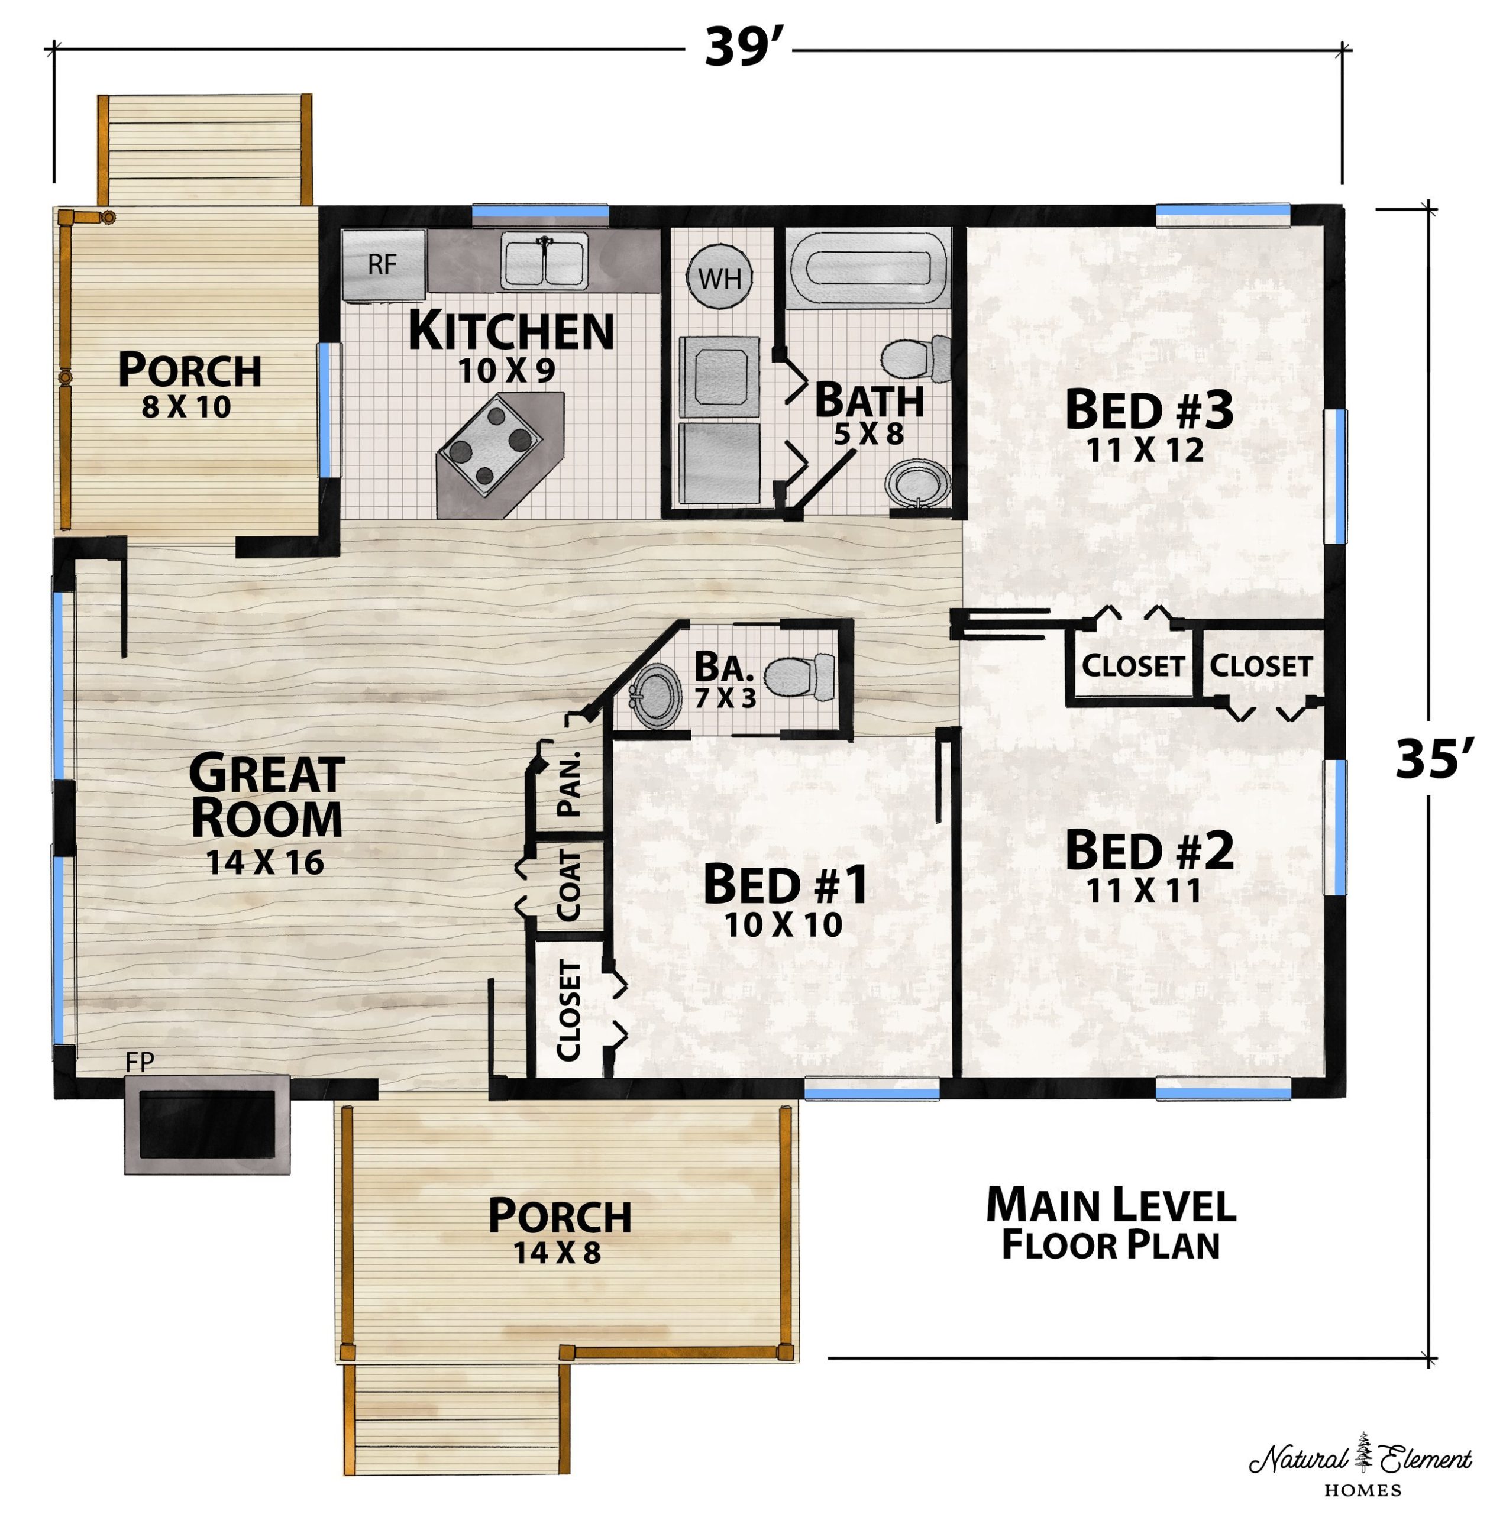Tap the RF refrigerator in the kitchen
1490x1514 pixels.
tap(383, 265)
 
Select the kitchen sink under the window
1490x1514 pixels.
tap(544, 263)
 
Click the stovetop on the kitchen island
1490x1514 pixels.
tap(491, 444)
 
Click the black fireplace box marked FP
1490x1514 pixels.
tap(208, 1124)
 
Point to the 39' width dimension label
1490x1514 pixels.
tap(739, 47)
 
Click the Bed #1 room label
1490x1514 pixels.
tap(785, 884)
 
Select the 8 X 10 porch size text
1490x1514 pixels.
tap(186, 407)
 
